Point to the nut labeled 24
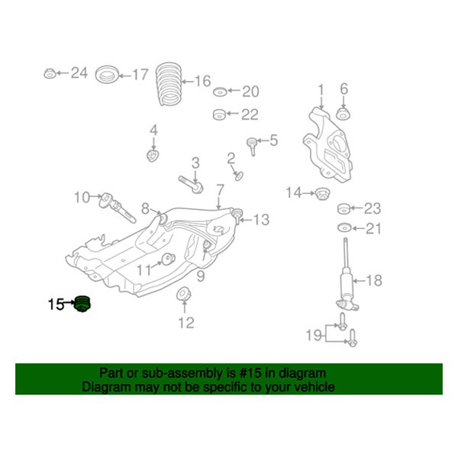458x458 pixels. pos(50,74)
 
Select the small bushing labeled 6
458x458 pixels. pos(343,115)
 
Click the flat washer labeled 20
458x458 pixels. pos(220,92)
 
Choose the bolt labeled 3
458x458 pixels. pos(191,182)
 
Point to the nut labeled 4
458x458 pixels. pos(152,156)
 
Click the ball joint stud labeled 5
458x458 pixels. pos(250,143)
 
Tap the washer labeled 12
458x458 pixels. pos(183,295)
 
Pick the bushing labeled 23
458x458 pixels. pos(344,208)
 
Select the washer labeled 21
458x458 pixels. pos(344,228)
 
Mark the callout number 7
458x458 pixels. pos(220,189)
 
